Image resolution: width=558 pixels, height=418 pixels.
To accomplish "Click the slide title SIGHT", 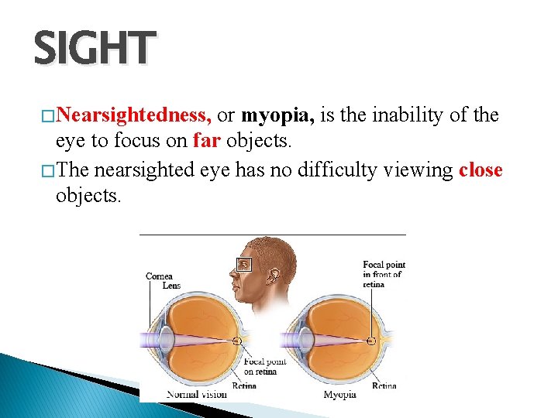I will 95,48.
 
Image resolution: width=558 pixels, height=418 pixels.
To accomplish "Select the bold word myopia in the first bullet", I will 277,116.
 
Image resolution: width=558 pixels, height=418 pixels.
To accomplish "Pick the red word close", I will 480,170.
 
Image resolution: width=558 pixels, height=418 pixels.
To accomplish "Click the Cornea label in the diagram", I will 159,276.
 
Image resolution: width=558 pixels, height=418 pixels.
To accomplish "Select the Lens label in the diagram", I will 171,286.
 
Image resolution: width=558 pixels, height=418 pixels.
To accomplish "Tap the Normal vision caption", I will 197,394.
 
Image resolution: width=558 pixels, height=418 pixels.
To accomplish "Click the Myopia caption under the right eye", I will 340,394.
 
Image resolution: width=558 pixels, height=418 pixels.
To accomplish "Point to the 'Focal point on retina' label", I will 264,366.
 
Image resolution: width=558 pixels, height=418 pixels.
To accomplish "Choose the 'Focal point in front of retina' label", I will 383,275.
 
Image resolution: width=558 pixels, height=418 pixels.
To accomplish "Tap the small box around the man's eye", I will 244,264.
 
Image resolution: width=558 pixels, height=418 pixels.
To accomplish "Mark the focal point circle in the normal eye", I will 237,341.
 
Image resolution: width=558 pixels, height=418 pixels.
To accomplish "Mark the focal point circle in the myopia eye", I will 372,341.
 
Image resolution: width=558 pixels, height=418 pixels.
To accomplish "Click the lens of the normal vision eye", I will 167,341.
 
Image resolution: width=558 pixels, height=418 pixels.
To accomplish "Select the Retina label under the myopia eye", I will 384,385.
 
